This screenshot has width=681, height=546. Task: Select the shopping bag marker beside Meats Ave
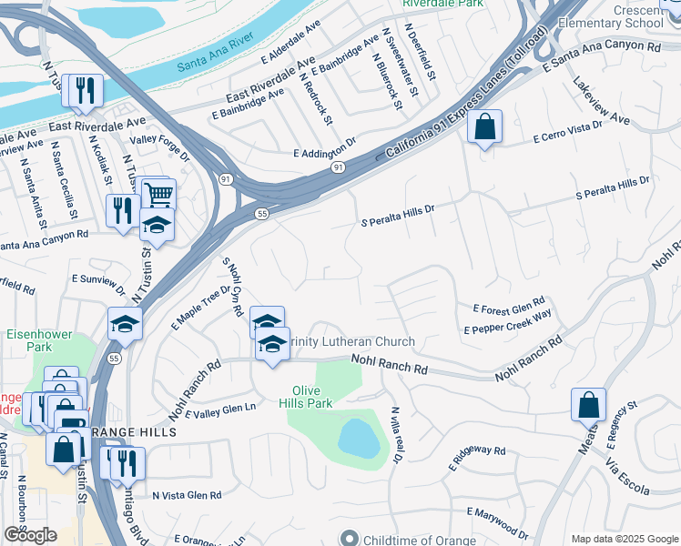pyautogui.click(x=588, y=404)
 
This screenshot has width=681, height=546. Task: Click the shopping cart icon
pyautogui.click(x=158, y=193)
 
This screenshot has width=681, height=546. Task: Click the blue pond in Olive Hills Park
pyautogui.click(x=359, y=439)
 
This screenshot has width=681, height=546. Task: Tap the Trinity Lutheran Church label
pyautogui.click(x=351, y=342)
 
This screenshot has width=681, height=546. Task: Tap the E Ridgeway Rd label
pyautogui.click(x=476, y=457)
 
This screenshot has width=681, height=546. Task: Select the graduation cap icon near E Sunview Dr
pyautogui.click(x=125, y=322)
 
